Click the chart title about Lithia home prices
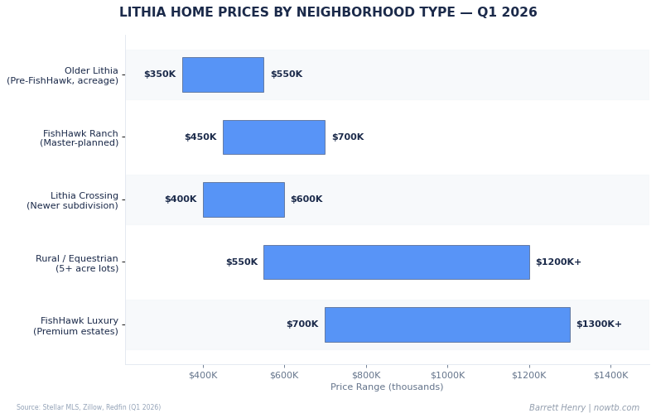(x=328, y=13)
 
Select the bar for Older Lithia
(x=223, y=74)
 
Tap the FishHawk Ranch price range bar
(x=273, y=137)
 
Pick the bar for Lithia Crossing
(x=244, y=199)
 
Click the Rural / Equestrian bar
(x=396, y=262)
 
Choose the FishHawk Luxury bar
(x=447, y=324)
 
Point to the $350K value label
(x=160, y=74)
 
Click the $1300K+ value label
(x=599, y=324)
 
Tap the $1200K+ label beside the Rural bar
(x=558, y=262)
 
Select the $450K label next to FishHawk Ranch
(x=200, y=137)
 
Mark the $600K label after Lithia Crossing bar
(x=306, y=199)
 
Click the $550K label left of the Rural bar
(x=242, y=262)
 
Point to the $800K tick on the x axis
(x=366, y=376)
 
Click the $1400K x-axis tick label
(x=610, y=376)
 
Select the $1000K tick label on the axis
(x=447, y=376)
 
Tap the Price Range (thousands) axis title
(x=387, y=387)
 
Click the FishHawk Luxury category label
(x=76, y=326)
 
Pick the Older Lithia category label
(x=63, y=76)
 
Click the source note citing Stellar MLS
(x=89, y=408)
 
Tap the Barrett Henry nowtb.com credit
(x=584, y=408)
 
